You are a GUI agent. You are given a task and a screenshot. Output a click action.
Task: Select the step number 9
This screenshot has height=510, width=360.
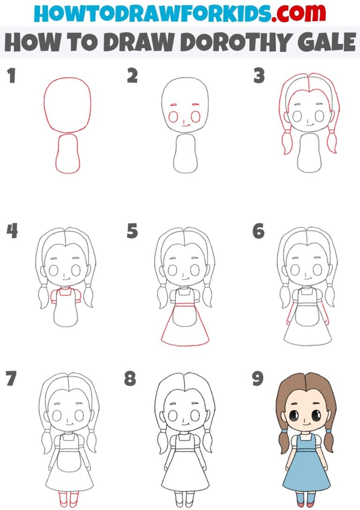tap(257, 379)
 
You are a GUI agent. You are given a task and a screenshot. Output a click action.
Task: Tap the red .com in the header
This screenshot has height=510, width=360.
tap(293, 14)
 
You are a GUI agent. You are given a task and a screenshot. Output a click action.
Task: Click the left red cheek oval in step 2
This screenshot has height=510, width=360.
tap(173, 116)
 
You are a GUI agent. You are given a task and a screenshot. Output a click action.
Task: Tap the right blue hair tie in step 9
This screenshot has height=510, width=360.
tap(329, 430)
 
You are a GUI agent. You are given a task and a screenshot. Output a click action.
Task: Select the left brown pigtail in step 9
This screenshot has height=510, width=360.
tap(285, 446)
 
